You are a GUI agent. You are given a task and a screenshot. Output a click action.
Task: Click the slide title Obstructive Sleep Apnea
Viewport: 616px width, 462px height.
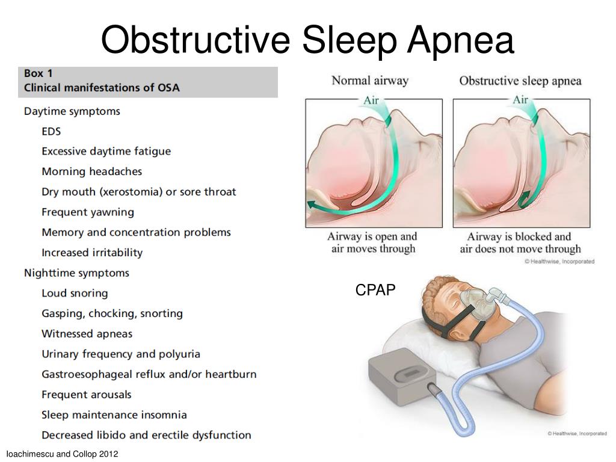(x=307, y=40)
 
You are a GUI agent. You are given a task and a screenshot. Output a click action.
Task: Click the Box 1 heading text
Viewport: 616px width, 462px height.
(x=38, y=73)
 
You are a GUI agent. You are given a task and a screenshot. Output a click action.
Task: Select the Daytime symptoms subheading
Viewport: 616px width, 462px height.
(x=72, y=111)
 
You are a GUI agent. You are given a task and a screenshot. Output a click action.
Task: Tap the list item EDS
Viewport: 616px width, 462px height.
(x=51, y=131)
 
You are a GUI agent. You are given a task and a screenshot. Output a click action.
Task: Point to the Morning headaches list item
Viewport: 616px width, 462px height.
(x=91, y=171)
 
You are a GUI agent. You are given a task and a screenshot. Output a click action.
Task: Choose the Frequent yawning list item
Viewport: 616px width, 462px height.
(x=87, y=212)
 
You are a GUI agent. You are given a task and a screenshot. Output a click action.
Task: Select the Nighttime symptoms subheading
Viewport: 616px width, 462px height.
(x=76, y=273)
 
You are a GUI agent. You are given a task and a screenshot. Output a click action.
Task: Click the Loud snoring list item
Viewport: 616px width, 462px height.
(x=75, y=294)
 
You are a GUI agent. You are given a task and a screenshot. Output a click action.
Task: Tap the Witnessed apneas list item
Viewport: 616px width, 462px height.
(x=87, y=334)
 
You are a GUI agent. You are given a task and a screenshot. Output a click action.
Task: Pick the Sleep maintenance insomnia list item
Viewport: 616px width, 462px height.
(x=114, y=415)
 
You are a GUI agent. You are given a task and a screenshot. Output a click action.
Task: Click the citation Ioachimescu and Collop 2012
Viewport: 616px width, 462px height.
(x=62, y=454)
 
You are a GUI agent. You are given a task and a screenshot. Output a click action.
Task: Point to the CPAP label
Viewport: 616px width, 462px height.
(x=375, y=291)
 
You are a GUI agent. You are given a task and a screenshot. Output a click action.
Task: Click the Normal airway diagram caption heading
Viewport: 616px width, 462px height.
(x=370, y=81)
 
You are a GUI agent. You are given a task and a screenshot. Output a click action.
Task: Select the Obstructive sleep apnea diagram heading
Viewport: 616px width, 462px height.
(x=520, y=81)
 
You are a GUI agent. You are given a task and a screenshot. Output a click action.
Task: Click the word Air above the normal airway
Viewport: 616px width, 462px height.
(x=371, y=100)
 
